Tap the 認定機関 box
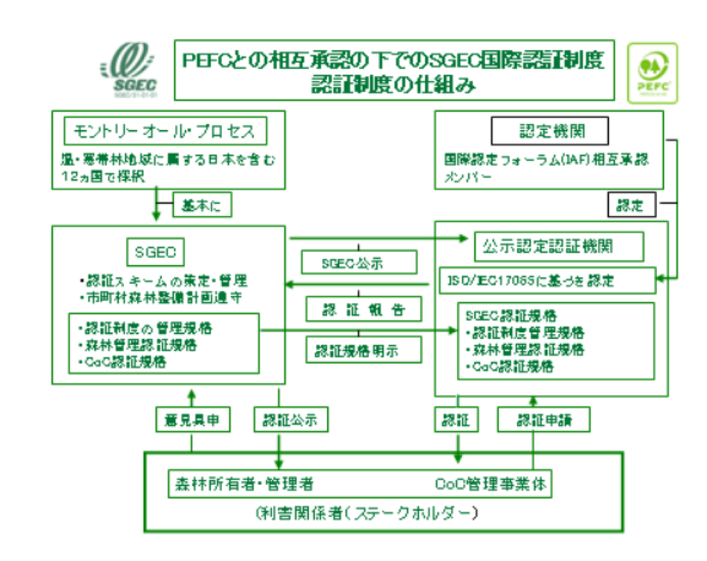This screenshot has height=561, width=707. coord(550,132)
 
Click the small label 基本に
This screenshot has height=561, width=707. coord(202,207)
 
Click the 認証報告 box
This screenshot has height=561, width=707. coord(363,308)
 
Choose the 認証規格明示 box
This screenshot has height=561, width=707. coord(363,351)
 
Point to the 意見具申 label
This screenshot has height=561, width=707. coord(192,419)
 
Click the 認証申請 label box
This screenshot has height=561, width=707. coord(543,419)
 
